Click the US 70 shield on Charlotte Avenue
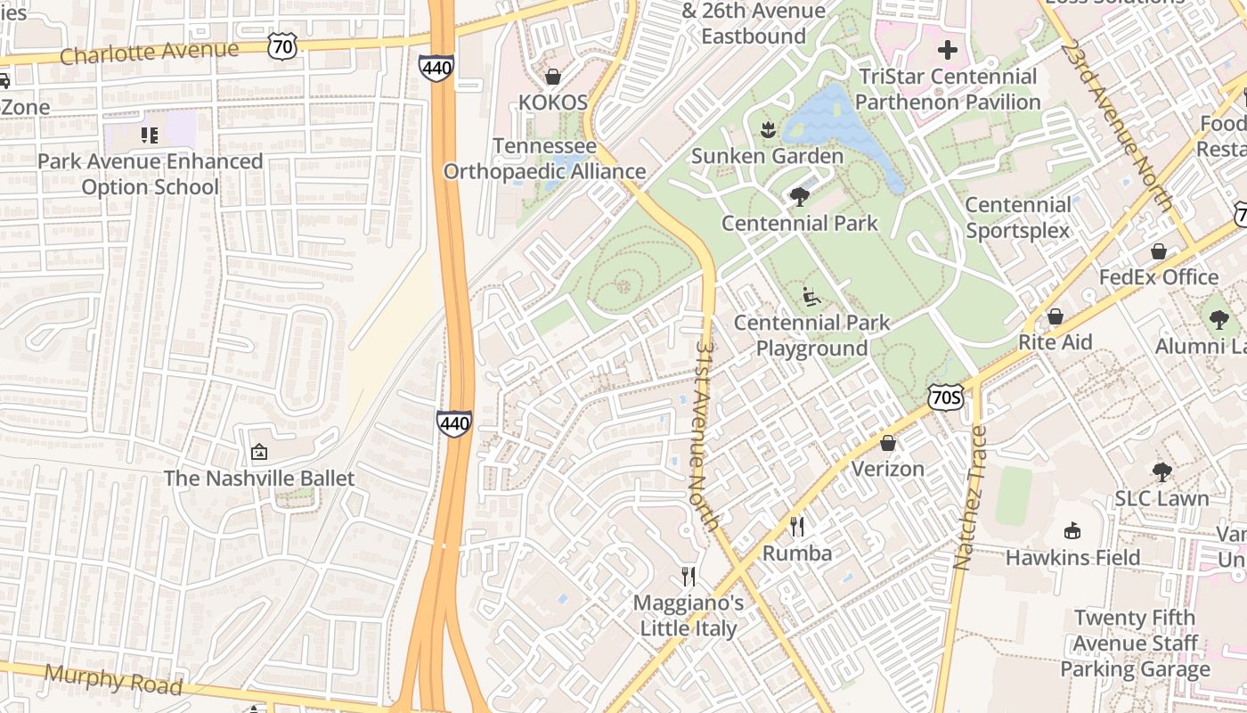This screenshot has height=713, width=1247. pyautogui.click(x=282, y=47)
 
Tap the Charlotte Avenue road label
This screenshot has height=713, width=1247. pyautogui.click(x=150, y=53)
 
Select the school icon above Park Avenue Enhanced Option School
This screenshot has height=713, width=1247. pyautogui.click(x=150, y=135)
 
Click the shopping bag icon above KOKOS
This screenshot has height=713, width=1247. pyautogui.click(x=553, y=77)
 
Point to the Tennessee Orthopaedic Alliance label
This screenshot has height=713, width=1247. pyautogui.click(x=544, y=159)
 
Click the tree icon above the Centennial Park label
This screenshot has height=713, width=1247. pyautogui.click(x=800, y=196)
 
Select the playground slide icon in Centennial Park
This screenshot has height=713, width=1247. pyautogui.click(x=811, y=296)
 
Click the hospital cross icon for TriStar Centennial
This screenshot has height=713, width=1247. pyautogui.click(x=948, y=50)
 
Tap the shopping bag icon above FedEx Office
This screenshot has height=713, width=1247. pyautogui.click(x=1159, y=251)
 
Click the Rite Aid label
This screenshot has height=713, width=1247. pyautogui.click(x=1055, y=342)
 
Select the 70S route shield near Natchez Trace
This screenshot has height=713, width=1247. pyautogui.click(x=945, y=397)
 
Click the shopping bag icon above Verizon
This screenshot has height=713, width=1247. pyautogui.click(x=888, y=443)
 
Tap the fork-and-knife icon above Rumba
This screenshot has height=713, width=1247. pyautogui.click(x=797, y=527)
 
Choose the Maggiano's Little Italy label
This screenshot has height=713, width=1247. pyautogui.click(x=689, y=616)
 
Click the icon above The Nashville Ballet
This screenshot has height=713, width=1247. pyautogui.click(x=259, y=453)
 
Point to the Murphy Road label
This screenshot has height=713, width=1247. pyautogui.click(x=113, y=680)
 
